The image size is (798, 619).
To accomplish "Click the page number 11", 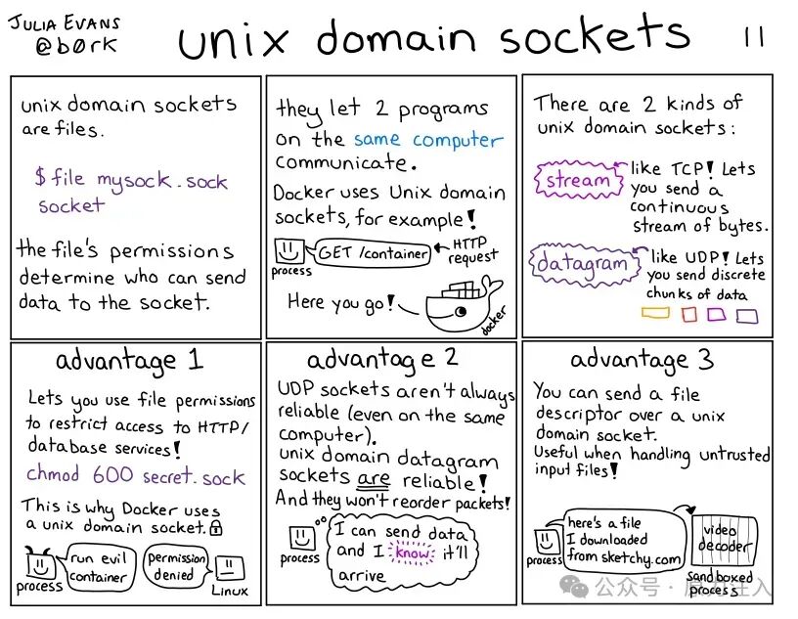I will tap(754, 37).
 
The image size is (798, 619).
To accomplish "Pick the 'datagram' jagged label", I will tap(582, 264).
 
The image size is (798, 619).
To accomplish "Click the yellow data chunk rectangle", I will tap(654, 314).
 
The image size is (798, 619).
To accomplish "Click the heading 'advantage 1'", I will tap(129, 360).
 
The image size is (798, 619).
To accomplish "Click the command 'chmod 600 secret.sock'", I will tap(136, 476).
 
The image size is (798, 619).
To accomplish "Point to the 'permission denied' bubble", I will tap(177, 566).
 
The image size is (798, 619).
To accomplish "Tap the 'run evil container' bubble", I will tap(97, 567).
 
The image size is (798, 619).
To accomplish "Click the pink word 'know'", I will tap(413, 553).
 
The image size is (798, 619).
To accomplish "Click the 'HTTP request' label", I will tap(473, 250).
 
